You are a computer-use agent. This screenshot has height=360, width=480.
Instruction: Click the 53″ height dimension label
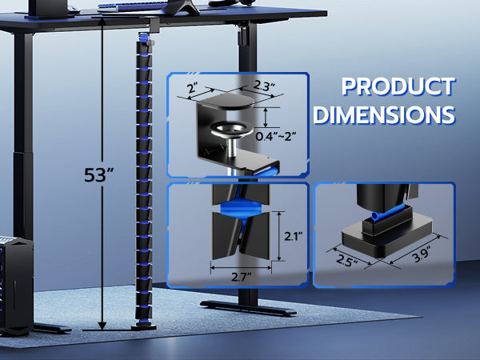pyautogui.click(x=98, y=174)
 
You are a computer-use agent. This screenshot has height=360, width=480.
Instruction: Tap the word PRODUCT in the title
pyautogui.click(x=398, y=86)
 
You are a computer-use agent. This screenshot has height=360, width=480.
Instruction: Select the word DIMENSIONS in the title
pyautogui.click(x=384, y=114)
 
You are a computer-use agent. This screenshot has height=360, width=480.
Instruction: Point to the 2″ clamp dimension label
pyautogui.click(x=192, y=89)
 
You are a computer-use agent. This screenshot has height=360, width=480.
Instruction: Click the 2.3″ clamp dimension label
pyautogui.click(x=264, y=86)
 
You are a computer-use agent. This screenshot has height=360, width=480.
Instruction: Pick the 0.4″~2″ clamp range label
pyautogui.click(x=276, y=136)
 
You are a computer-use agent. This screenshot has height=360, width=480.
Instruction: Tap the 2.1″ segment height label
pyautogui.click(x=294, y=236)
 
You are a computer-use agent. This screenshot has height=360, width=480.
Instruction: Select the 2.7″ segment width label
pyautogui.click(x=242, y=277)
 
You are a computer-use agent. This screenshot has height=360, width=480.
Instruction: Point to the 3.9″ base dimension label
pyautogui.click(x=421, y=254)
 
